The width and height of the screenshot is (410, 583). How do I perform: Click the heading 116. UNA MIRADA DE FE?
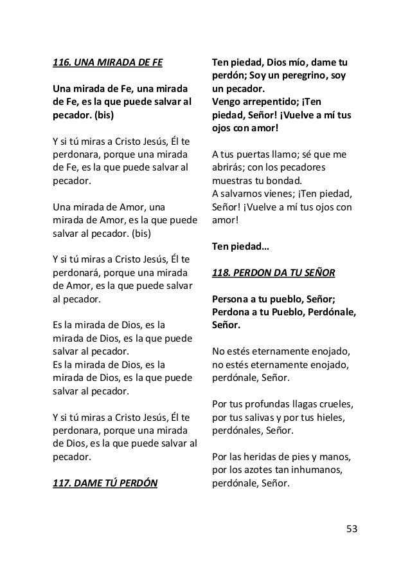(107, 63)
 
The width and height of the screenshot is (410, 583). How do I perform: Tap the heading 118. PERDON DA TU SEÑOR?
(273, 272)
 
